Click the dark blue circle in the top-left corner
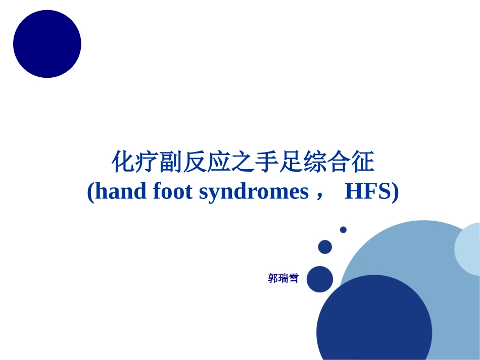[47, 44]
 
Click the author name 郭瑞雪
[283, 278]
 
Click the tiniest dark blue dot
[343, 230]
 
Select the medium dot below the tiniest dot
[325, 247]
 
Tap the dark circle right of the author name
[320, 279]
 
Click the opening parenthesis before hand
[90, 192]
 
